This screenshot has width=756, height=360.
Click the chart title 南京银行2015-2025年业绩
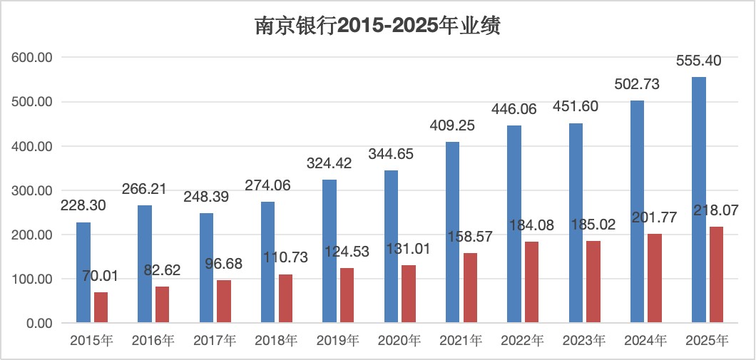[x=377, y=26]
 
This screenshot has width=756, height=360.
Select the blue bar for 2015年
[x=83, y=272]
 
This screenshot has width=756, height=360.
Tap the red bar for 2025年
[x=716, y=274]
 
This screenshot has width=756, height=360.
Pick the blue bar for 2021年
[x=452, y=232]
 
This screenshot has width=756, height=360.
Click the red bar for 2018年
[x=285, y=298]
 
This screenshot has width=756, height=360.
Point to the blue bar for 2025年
[x=699, y=200]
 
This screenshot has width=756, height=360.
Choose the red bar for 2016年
[x=162, y=304]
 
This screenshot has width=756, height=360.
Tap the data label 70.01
[x=101, y=277]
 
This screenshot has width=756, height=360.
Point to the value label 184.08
[x=533, y=225]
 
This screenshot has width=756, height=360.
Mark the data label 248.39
[x=208, y=197]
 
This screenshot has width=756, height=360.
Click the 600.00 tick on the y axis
[x=31, y=57]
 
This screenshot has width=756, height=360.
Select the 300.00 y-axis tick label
[x=31, y=190]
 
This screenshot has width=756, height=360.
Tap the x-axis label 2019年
[x=338, y=341]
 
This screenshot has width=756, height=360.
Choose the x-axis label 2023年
[x=584, y=341]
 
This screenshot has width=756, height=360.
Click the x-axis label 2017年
[x=215, y=341]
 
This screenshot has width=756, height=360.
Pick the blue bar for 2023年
[x=576, y=223]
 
